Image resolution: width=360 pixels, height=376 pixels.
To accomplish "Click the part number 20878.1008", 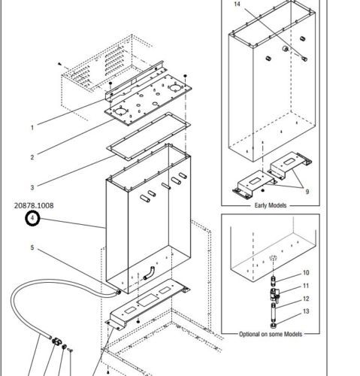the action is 34,205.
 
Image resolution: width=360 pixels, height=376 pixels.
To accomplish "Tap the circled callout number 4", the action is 32,218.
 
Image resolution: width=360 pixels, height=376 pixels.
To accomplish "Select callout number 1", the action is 32,128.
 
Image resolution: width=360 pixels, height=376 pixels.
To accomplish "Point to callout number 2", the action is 32,157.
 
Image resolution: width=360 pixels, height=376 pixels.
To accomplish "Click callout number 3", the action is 32,187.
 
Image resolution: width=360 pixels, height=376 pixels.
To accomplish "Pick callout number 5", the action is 32,247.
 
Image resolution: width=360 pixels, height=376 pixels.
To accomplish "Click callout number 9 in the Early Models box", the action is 307,192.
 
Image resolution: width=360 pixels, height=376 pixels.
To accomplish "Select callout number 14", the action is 237,4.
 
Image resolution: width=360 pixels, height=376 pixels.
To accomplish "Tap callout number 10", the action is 306,273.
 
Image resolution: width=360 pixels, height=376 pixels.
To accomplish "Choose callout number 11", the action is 306,286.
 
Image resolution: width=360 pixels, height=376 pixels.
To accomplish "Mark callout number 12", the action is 306,299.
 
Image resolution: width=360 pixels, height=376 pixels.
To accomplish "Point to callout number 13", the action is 306,311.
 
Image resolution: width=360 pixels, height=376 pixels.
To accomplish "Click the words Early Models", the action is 271,205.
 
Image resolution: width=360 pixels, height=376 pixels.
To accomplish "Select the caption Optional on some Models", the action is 271,334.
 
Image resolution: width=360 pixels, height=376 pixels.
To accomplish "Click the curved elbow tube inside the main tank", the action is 150,273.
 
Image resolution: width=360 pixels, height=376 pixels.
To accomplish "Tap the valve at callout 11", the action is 274,295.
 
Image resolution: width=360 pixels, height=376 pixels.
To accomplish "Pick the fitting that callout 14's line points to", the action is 304,59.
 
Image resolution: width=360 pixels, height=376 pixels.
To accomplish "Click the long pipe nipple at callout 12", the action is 274,313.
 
